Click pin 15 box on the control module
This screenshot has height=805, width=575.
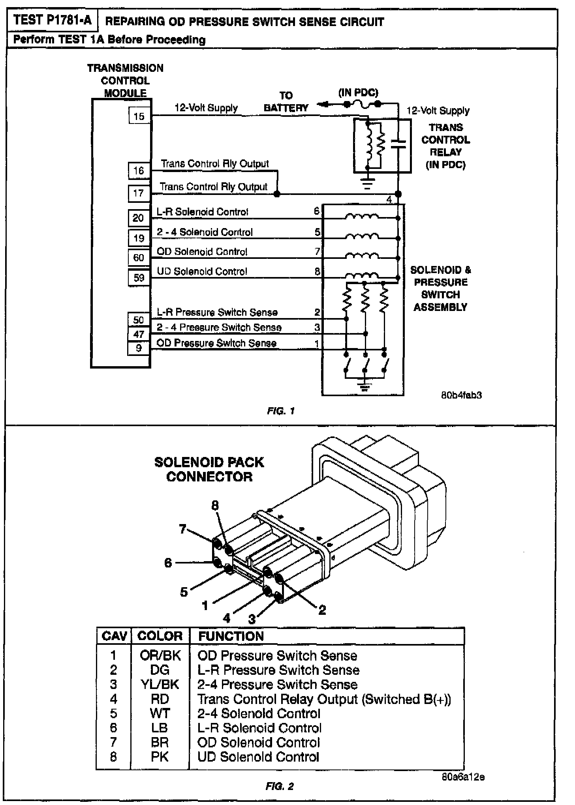[139, 116]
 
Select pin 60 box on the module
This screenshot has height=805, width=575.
[139, 258]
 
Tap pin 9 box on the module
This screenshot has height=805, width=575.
[139, 348]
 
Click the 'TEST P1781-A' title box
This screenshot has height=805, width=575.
[52, 20]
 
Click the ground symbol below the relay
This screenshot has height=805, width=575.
[368, 183]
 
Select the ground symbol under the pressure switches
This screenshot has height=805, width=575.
[364, 385]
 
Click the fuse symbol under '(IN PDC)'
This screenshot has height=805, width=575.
[362, 104]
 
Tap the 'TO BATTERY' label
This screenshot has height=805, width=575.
[286, 102]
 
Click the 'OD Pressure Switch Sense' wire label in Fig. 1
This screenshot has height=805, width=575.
[216, 343]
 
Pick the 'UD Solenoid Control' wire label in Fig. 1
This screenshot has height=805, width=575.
[202, 271]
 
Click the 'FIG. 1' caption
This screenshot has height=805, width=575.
[280, 411]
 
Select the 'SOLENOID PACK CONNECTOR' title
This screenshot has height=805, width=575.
[209, 469]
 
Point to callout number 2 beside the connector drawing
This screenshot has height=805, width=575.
[322, 610]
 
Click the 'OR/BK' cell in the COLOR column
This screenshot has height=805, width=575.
[160, 655]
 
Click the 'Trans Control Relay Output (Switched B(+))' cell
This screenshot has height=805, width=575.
[324, 699]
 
